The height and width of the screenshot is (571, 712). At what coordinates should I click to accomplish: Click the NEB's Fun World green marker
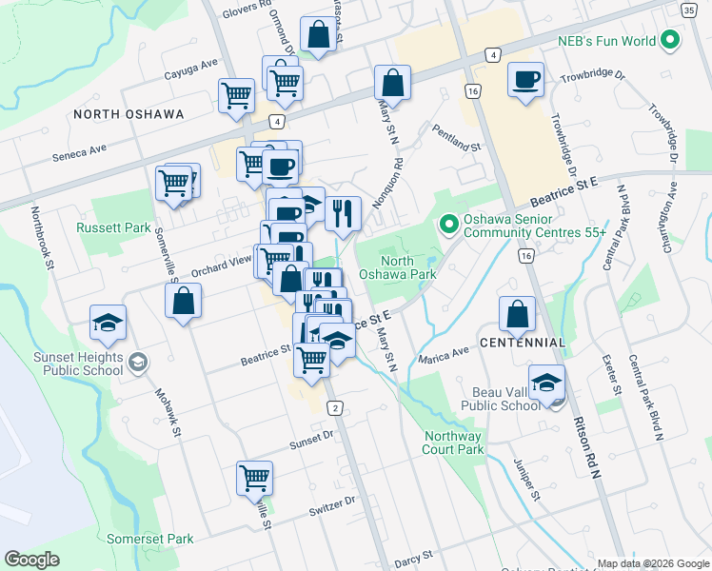(670, 41)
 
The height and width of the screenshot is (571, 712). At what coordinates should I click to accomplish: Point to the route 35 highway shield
(687, 10)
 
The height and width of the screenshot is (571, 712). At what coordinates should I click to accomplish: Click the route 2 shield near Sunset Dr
(335, 408)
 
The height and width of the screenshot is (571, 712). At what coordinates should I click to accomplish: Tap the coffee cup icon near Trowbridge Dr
(524, 80)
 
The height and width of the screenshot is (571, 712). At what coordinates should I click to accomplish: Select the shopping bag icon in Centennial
(516, 314)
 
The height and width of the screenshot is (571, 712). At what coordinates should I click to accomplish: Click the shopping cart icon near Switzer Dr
(255, 478)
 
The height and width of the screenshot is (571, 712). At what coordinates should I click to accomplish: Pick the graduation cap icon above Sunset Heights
(108, 322)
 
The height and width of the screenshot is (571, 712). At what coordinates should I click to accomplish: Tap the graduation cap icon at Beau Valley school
(546, 383)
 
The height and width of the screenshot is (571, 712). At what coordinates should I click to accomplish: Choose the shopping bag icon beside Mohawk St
(183, 301)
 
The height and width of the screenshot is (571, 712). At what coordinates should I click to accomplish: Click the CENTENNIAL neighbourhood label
(523, 342)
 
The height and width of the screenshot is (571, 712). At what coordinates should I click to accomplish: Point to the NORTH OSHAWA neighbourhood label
(129, 114)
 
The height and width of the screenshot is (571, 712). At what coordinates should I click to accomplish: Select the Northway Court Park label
(452, 443)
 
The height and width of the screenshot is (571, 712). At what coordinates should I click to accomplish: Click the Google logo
(32, 560)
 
